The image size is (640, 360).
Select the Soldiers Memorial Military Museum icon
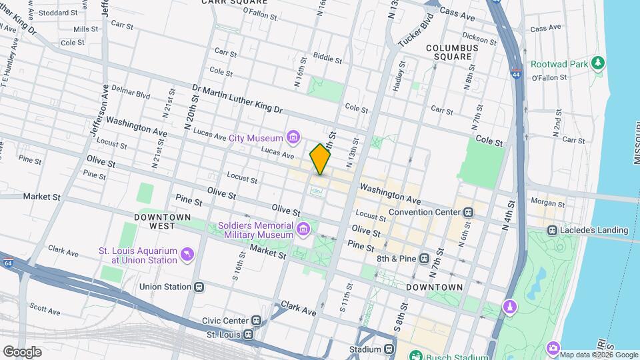pos(303,230)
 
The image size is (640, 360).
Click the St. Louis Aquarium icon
pos(188,255)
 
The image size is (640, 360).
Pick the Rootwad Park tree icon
pos(599,63)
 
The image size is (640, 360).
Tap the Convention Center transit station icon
pos(469,212)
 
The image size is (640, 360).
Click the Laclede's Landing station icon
pos(552,231)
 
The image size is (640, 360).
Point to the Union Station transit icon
pos(199,287)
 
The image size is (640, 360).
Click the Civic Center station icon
pos(256,321)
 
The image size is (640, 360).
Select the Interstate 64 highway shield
pos(7,262)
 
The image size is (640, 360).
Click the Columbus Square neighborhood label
pos(452,52)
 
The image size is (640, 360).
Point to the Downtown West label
pos(163,221)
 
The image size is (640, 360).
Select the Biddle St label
pos(327,59)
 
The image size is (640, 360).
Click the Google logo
pos(22,352)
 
